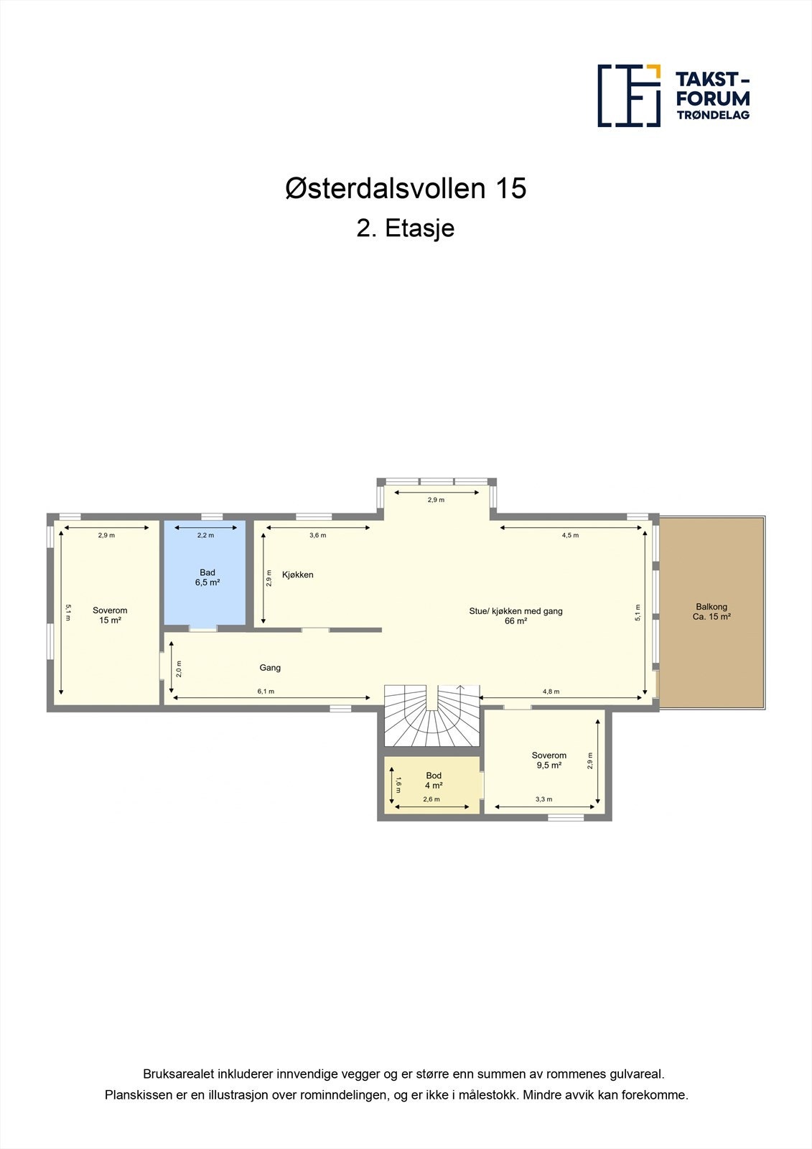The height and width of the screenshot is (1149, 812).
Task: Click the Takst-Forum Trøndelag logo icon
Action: point(629,96)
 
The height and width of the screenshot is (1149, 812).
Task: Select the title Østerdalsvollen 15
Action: point(406,188)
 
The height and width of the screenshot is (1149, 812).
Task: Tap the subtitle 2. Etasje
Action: point(406,228)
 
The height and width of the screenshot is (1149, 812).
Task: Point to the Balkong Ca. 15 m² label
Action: point(711,612)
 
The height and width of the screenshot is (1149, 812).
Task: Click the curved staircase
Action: point(431,718)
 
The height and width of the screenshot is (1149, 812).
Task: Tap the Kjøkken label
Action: point(297,575)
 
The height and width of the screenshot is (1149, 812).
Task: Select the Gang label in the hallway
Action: point(270,668)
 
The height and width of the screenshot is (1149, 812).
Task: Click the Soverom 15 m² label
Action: point(110,615)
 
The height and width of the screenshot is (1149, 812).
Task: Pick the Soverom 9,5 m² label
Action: point(549,760)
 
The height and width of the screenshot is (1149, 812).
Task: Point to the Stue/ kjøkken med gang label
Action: point(515,616)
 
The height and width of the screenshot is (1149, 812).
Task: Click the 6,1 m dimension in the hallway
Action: point(266,692)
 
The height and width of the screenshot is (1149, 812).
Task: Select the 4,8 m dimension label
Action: point(551,692)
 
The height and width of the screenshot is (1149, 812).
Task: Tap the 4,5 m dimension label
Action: point(570,535)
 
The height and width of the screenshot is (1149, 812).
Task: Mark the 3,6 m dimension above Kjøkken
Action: point(317,535)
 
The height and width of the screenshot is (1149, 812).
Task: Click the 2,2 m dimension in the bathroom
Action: point(205,535)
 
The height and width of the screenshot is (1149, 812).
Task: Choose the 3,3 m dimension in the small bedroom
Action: point(543,799)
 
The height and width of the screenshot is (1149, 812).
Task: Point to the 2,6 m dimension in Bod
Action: point(431,799)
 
